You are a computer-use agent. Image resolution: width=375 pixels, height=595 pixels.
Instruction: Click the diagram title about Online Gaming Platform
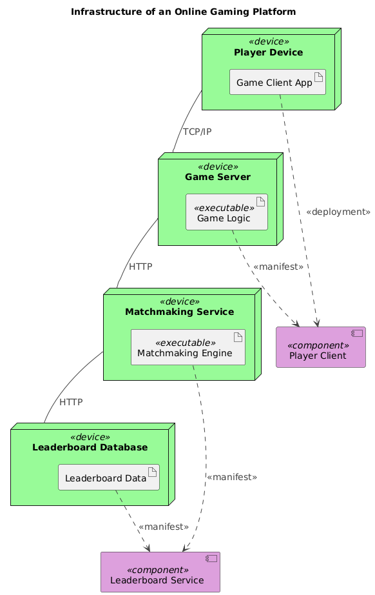tap(184, 12)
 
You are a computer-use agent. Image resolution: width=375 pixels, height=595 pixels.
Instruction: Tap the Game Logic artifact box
tap(226, 212)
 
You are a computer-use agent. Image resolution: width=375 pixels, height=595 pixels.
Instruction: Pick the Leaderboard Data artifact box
tap(108, 478)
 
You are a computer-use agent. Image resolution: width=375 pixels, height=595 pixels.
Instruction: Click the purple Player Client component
tap(320, 348)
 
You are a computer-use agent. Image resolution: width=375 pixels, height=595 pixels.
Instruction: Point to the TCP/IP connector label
tap(197, 132)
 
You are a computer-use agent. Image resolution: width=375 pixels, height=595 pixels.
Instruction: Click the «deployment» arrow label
tap(338, 212)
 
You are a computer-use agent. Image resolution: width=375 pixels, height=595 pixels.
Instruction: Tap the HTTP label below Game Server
tap(140, 266)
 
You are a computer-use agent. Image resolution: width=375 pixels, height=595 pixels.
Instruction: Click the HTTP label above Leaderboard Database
tap(71, 402)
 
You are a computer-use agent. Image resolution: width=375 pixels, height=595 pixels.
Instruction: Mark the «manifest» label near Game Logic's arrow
tap(278, 267)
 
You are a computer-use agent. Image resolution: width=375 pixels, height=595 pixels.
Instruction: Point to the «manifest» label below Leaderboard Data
tap(163, 527)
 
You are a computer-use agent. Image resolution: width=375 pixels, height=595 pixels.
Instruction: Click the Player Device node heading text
tap(269, 52)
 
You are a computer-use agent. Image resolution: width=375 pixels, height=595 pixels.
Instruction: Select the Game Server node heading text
tap(217, 177)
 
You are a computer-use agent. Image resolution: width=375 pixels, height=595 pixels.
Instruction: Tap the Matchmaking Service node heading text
tap(179, 312)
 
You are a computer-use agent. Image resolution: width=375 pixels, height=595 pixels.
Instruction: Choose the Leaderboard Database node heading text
tap(90, 447)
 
